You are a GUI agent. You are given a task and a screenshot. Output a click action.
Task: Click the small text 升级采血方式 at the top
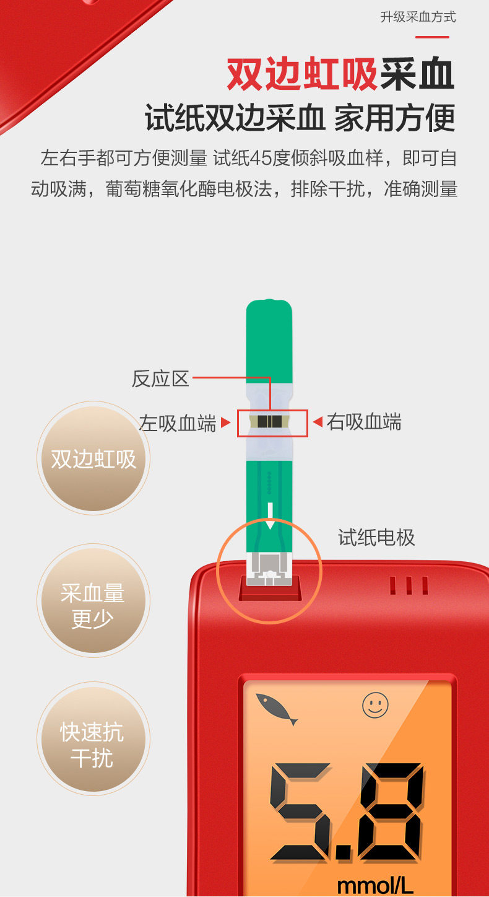418,17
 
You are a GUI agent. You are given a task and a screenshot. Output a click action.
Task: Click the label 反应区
160,378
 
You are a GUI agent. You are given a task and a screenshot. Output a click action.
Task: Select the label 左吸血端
178,424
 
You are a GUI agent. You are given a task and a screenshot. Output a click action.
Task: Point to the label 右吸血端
364,422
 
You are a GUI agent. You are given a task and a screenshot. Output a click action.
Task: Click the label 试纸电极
376,537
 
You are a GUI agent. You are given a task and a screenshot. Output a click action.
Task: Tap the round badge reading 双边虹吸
93,459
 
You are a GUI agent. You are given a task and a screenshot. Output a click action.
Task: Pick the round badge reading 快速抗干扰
93,745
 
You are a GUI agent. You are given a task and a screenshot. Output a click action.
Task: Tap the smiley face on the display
375,706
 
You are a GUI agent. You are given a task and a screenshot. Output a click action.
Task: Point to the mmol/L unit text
375,885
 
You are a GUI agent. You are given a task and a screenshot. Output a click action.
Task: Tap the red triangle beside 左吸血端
226,423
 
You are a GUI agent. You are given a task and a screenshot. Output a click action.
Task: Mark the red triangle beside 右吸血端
317,422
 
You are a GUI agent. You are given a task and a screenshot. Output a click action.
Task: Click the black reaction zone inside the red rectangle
270,422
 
